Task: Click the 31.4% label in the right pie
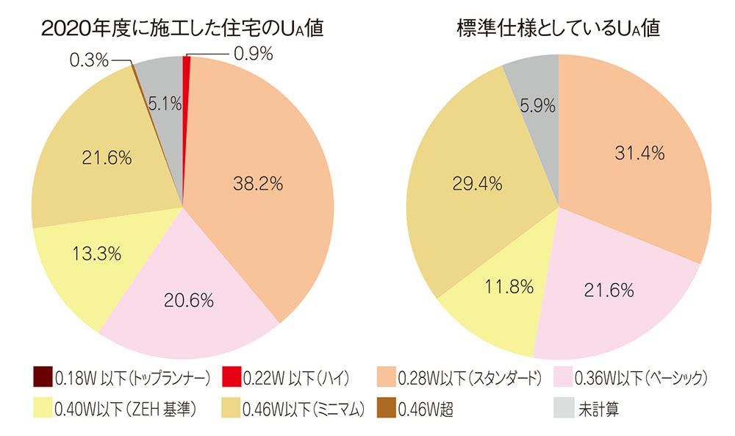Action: point(636,153)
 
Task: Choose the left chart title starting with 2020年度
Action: point(183,29)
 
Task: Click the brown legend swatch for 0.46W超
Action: point(383,409)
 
